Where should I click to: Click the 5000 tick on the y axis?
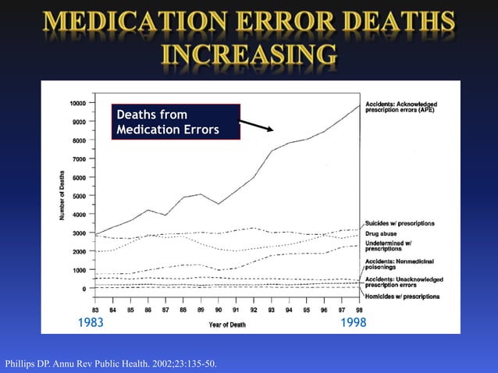pyautogui.click(x=79, y=196)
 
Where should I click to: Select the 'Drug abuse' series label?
pyautogui.click(x=384, y=233)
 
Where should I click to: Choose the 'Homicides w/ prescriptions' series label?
pyautogui.click(x=402, y=297)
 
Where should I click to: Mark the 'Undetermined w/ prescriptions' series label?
pyautogui.click(x=393, y=246)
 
